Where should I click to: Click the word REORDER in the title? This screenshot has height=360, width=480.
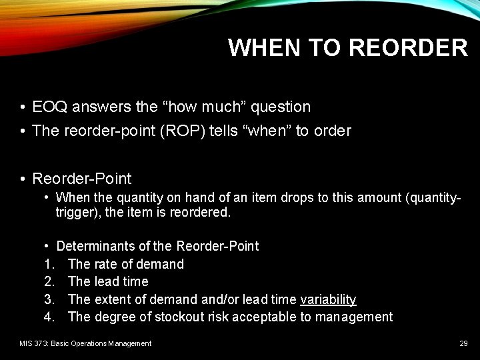pyautogui.click(x=408, y=48)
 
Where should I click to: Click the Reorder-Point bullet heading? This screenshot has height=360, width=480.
pyautogui.click(x=82, y=179)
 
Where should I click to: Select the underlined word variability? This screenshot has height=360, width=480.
pyautogui.click(x=328, y=299)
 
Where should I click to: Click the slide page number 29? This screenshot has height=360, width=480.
pyautogui.click(x=463, y=343)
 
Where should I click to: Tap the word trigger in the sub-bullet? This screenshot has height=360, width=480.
pyautogui.click(x=73, y=212)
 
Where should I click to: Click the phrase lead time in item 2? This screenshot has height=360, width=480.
pyautogui.click(x=121, y=281)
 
